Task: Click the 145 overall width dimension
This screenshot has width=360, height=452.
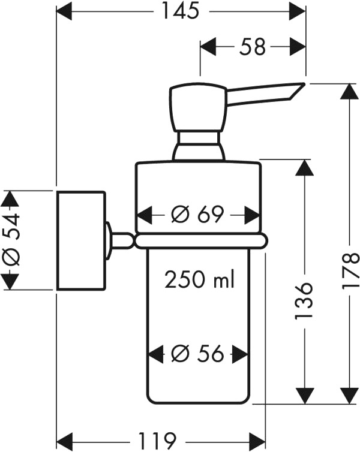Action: (x=181, y=11)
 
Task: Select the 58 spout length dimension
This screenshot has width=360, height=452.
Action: (x=253, y=47)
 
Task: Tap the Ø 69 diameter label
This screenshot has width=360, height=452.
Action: (x=197, y=215)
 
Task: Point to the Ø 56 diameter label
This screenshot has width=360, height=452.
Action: (x=197, y=354)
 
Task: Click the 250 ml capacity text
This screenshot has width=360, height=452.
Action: (x=200, y=279)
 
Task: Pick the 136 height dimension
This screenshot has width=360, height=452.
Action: (x=304, y=301)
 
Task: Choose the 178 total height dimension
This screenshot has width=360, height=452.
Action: (x=350, y=271)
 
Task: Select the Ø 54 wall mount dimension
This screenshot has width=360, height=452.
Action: (x=11, y=240)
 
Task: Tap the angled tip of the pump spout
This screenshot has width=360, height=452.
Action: (x=296, y=91)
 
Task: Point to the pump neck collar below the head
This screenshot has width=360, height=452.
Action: (x=199, y=146)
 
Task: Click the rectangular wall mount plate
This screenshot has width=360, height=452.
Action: (x=82, y=240)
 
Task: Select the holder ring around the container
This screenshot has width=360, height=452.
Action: (x=201, y=241)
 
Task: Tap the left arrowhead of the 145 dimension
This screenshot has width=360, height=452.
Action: (x=64, y=11)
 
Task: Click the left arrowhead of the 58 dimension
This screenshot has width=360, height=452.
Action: (x=208, y=47)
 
